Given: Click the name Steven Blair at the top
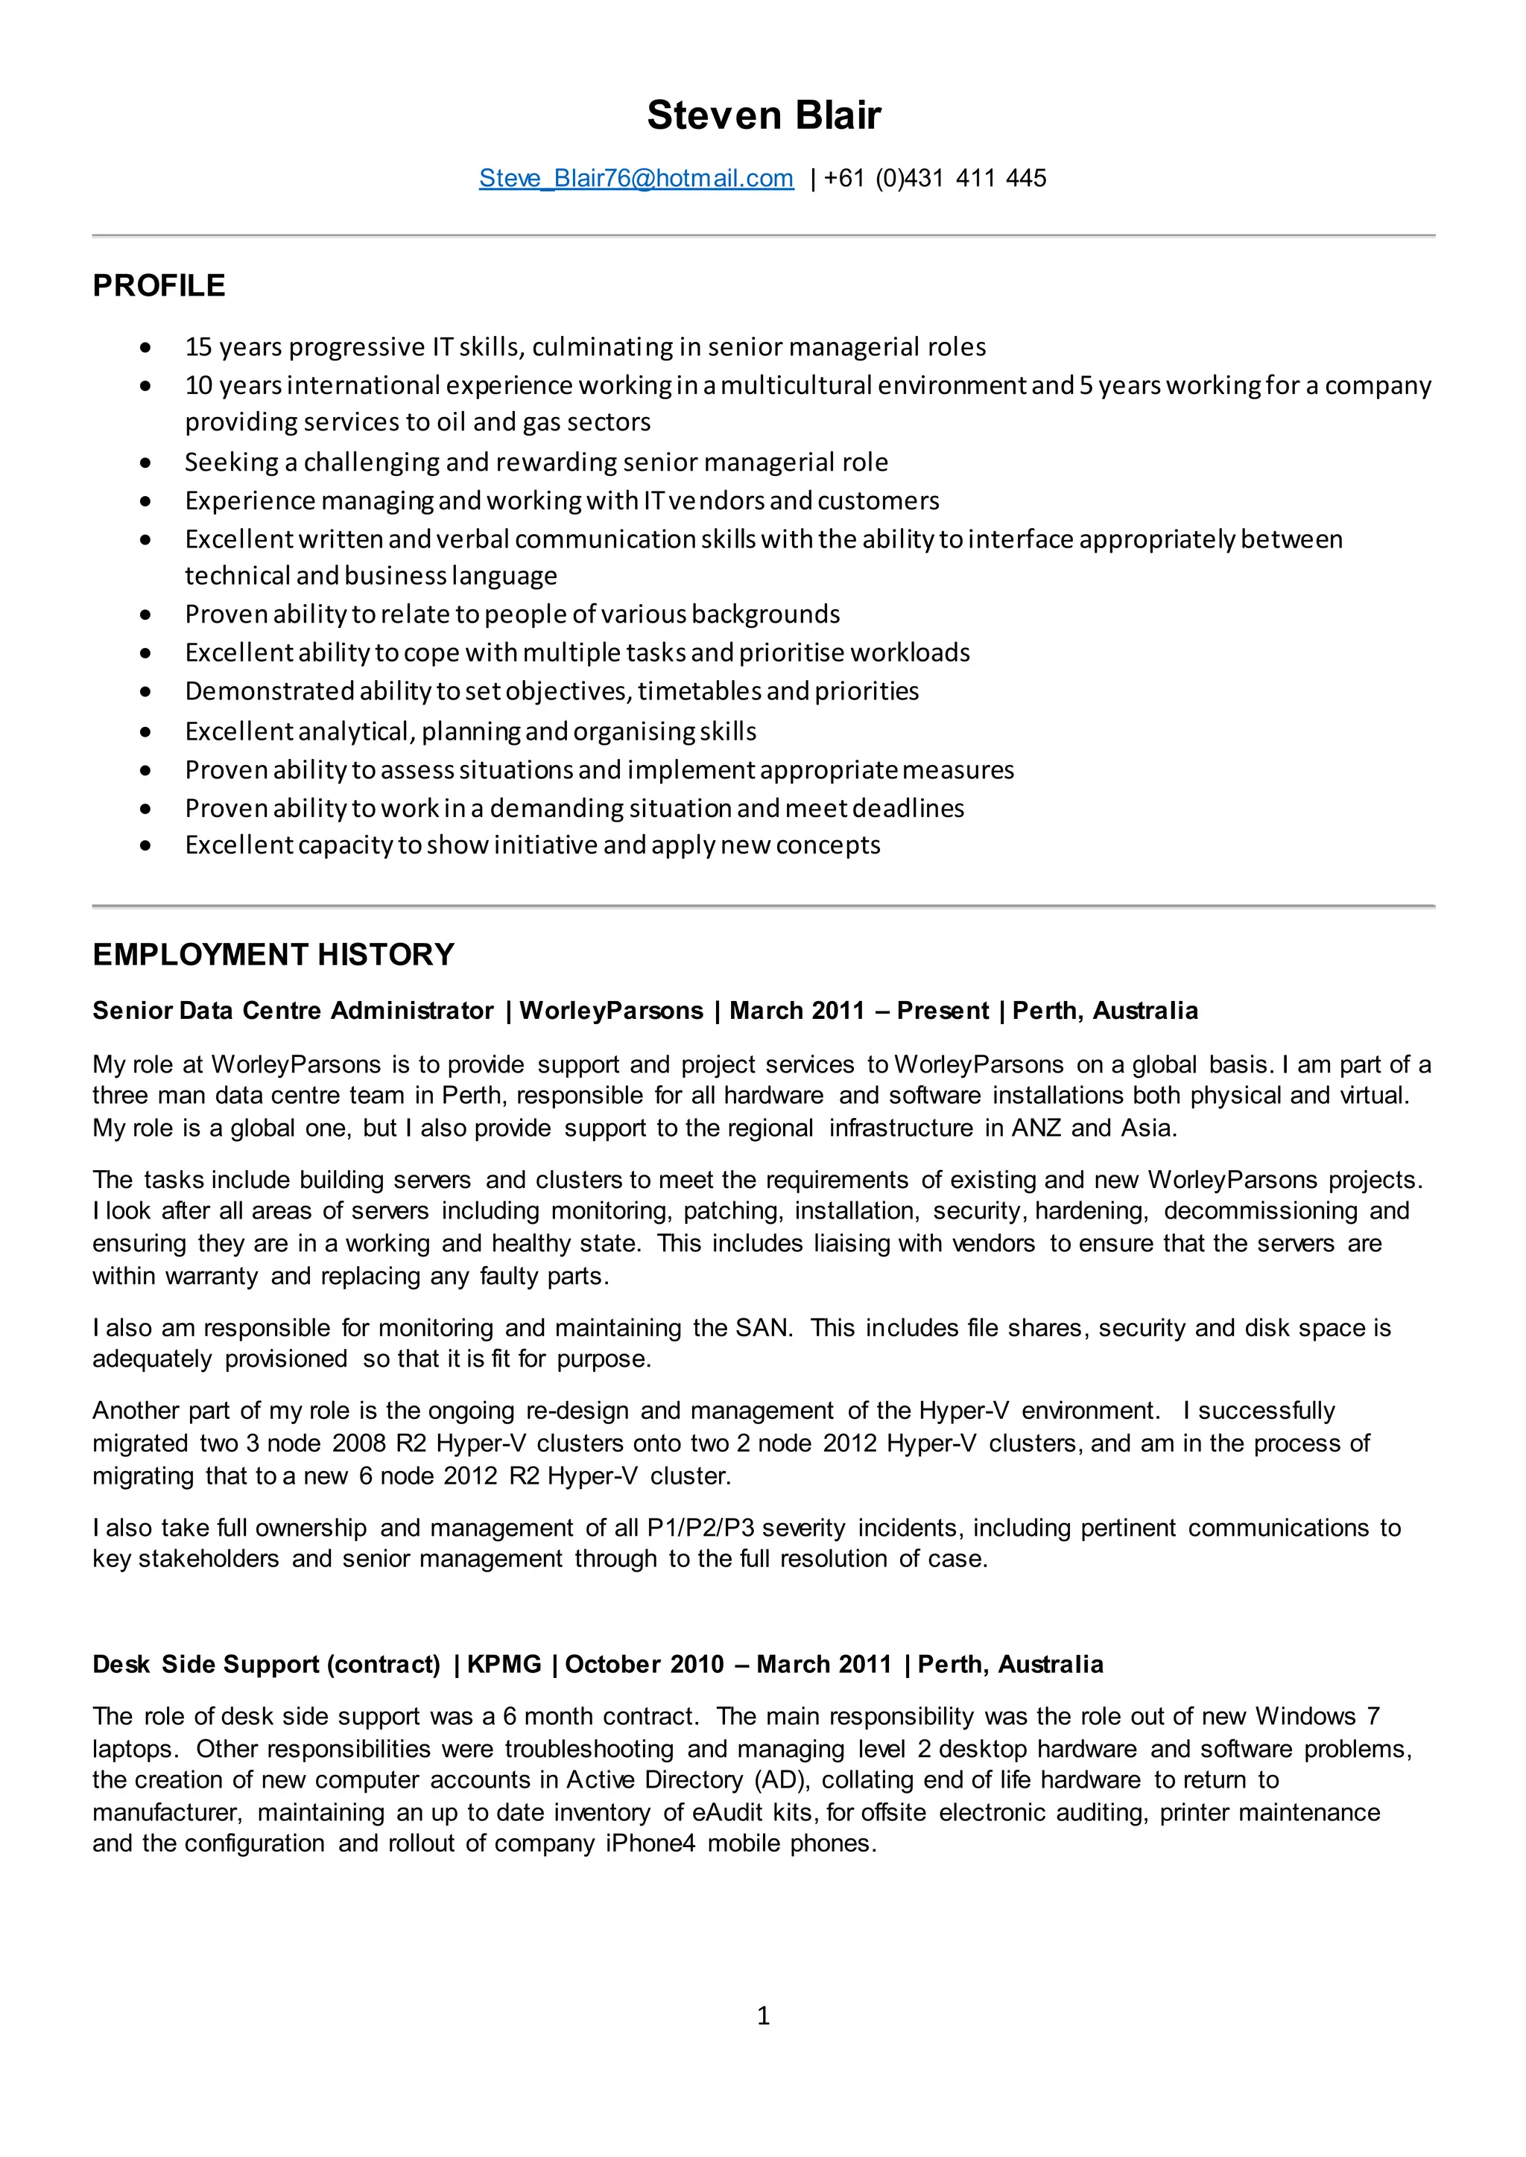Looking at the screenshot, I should [763, 115].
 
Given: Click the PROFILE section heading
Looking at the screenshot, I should [159, 285].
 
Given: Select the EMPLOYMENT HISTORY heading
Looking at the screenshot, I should [273, 955].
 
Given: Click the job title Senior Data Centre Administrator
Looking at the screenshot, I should [292, 1011].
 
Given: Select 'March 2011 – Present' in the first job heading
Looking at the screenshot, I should [859, 1011].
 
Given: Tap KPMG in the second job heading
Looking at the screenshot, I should [504, 1665].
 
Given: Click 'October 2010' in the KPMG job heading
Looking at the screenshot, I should [645, 1665].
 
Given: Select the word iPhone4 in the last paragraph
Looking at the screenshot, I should [650, 1843].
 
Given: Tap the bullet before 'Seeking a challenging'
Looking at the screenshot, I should [145, 463].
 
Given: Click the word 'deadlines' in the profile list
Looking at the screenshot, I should [908, 808].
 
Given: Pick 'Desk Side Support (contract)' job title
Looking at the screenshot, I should [266, 1665].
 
